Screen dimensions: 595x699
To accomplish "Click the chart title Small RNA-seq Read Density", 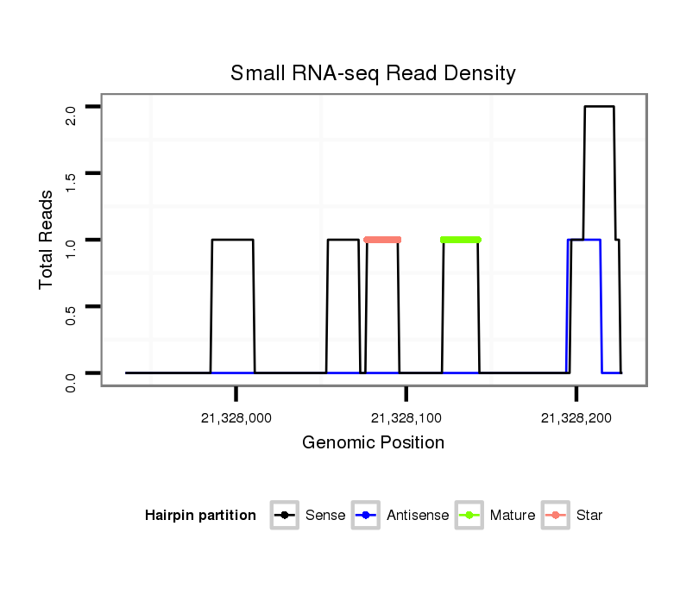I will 373,73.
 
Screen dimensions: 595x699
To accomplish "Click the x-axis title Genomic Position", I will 373,443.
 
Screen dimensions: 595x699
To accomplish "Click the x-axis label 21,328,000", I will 236,418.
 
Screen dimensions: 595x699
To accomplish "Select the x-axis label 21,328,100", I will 406,418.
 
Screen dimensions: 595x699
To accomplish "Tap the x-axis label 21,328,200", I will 576,418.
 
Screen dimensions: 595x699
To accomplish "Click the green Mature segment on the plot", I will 460,240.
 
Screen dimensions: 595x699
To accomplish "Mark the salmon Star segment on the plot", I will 382,240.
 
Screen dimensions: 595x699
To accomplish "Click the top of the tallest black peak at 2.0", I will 599,107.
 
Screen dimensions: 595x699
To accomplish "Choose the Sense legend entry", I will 324,516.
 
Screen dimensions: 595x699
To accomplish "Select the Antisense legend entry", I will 417,516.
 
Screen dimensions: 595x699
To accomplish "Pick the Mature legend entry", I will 512,516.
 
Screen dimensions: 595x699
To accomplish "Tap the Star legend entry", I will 589,516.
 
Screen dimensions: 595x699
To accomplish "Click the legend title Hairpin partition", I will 201,516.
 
